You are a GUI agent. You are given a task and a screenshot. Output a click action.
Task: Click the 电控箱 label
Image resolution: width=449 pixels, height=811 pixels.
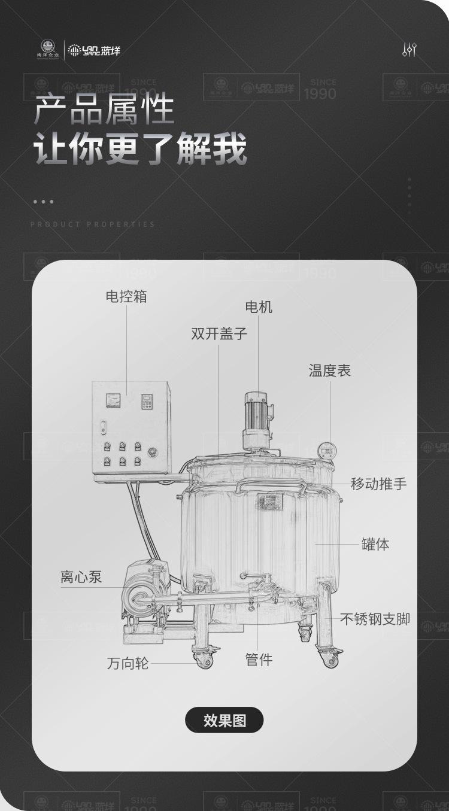(126, 296)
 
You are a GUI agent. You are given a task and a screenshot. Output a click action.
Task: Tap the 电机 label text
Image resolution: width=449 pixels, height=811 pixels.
(259, 307)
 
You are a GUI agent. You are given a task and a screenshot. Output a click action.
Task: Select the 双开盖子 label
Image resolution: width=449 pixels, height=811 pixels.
(219, 333)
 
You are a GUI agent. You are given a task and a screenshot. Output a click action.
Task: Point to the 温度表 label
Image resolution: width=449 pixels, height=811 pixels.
(329, 370)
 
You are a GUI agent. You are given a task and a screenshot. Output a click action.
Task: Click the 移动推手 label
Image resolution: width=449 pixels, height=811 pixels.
(378, 484)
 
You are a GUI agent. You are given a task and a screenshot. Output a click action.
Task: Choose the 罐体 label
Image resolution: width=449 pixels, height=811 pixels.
(375, 544)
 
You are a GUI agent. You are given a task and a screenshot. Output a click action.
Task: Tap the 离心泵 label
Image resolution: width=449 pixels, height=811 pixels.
(81, 577)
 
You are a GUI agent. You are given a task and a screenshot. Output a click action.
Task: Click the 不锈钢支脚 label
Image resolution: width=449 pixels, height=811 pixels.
(375, 619)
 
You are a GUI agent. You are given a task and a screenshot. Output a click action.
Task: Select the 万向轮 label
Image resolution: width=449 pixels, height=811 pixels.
(128, 663)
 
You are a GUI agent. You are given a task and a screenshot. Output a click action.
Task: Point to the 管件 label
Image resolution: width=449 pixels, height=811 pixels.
(259, 660)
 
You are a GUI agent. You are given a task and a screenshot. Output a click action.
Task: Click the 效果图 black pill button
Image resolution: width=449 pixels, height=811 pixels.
(224, 720)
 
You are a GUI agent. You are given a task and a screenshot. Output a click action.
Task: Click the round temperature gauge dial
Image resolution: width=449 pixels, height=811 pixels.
(326, 449)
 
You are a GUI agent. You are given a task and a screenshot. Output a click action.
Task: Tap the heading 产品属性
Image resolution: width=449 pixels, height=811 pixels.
(104, 110)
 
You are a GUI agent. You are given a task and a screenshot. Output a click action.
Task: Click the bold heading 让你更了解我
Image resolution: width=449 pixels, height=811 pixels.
(140, 150)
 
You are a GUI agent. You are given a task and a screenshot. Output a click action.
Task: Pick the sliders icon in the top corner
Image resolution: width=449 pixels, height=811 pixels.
(409, 50)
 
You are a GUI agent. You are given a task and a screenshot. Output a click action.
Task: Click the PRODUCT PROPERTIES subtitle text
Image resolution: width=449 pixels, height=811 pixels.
(93, 224)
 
